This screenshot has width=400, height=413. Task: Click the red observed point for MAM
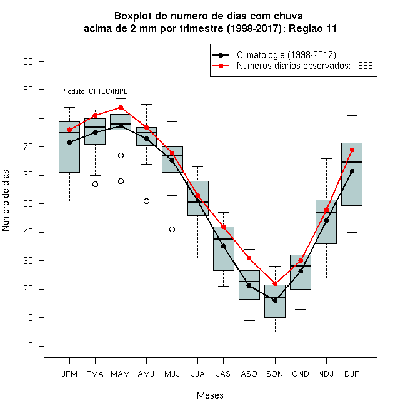pyautogui.click(x=121, y=107)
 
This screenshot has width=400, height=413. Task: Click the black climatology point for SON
pyautogui.click(x=275, y=300)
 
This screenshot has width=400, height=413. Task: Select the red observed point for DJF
pyautogui.click(x=352, y=150)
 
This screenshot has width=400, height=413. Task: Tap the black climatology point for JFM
pyautogui.click(x=69, y=142)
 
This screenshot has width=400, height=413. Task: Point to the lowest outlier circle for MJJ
pyautogui.click(x=172, y=230)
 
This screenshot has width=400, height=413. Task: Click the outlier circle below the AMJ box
pyautogui.click(x=147, y=201)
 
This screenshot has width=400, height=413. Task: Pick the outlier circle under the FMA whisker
pyautogui.click(x=95, y=184)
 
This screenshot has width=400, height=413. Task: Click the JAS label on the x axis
pyautogui.click(x=223, y=374)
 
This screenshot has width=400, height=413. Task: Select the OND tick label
pyautogui.click(x=301, y=374)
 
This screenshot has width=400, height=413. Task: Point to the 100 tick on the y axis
pyautogui.click(x=26, y=61)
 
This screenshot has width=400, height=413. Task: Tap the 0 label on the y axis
pyautogui.click(x=31, y=346)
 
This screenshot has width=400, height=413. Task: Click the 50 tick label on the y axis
pyautogui.click(x=28, y=204)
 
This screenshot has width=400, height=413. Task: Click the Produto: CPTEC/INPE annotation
pyautogui.click(x=94, y=91)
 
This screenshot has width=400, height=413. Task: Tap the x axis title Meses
pyautogui.click(x=210, y=395)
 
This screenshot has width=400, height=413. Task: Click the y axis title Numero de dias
pyautogui.click(x=6, y=201)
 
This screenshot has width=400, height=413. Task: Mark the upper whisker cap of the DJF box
pyautogui.click(x=352, y=115)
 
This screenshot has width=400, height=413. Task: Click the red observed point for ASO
pyautogui.click(x=249, y=258)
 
